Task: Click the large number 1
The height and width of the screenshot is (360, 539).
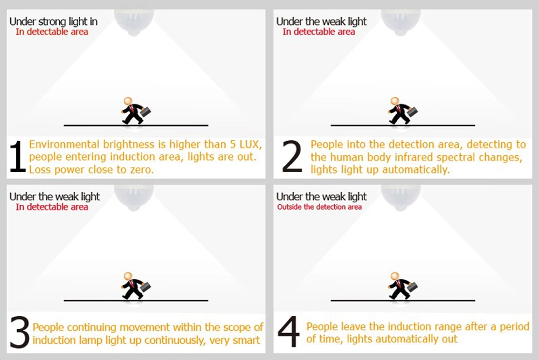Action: point(18,156)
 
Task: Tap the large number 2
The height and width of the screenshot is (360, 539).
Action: point(292,156)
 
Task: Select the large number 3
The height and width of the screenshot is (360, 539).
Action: point(19,331)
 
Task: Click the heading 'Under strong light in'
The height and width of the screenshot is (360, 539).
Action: point(53,22)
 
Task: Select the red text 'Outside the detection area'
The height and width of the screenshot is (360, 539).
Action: point(319,207)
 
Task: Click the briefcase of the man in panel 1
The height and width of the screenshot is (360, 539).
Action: point(146,112)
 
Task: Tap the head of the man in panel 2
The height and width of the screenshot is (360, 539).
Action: point(395,101)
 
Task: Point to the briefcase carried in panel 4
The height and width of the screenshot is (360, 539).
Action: point(412,287)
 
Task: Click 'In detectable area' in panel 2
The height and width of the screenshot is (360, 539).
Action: point(319,32)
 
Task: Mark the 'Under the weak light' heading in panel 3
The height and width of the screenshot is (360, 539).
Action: point(54,197)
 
